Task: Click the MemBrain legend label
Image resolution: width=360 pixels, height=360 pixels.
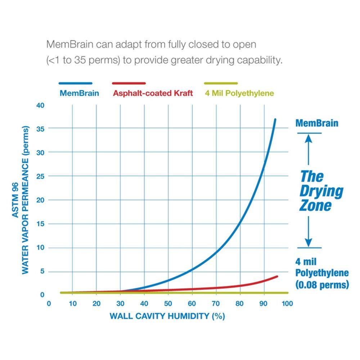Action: [79, 93]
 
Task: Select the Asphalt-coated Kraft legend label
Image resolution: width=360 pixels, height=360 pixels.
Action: [153, 93]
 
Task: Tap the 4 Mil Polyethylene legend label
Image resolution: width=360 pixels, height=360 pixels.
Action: [239, 93]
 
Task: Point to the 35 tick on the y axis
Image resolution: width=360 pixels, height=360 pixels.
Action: [40, 129]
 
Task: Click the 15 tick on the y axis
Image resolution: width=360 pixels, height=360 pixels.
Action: [40, 224]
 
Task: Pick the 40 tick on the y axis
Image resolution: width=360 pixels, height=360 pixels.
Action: [40, 105]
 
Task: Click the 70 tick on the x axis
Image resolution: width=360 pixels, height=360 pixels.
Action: [216, 303]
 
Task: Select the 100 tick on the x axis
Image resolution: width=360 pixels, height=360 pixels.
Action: [287, 303]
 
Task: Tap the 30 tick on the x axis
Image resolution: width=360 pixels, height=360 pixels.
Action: [120, 303]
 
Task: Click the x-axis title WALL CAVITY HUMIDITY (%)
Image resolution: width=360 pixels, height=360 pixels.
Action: [167, 316]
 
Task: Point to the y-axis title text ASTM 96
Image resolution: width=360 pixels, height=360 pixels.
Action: [15, 200]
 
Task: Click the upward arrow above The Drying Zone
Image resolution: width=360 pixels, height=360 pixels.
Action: [309, 150]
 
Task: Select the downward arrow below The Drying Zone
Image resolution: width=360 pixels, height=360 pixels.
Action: [309, 231]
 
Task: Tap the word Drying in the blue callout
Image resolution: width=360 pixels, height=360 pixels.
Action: [321, 191]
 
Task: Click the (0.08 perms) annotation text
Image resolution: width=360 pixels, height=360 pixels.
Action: [322, 285]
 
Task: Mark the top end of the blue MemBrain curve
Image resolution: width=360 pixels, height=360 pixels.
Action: [275, 120]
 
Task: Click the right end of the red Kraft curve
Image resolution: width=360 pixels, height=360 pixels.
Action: [277, 276]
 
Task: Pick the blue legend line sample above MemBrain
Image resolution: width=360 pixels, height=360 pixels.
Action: [76, 84]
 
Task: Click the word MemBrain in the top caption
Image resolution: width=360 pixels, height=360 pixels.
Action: [69, 44]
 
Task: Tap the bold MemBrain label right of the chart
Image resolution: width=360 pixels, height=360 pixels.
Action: [317, 123]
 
